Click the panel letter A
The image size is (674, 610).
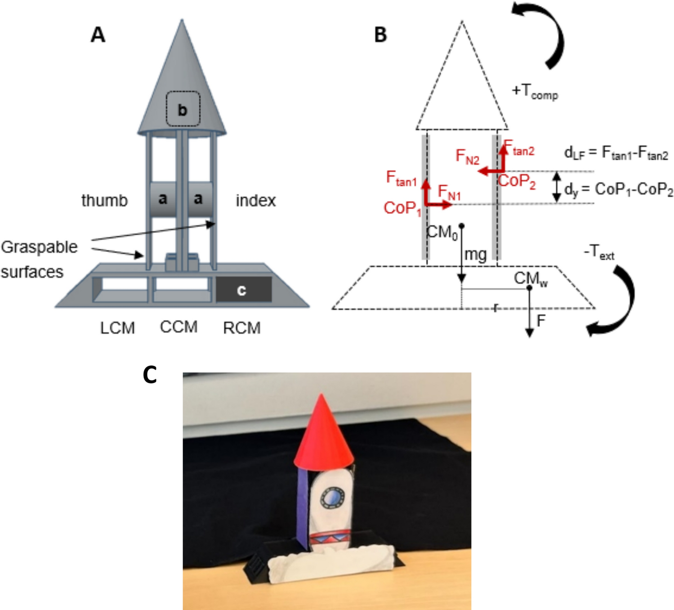(98, 35)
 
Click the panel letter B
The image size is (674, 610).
(380, 35)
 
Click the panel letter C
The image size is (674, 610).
(150, 374)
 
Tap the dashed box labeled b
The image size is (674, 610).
(183, 109)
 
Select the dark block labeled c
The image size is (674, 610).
(243, 290)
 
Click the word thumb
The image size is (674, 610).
(104, 200)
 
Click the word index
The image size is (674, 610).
(255, 200)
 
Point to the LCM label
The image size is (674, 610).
(117, 328)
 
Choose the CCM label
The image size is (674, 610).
(179, 327)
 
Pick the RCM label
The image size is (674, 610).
(241, 328)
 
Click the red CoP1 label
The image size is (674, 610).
(402, 208)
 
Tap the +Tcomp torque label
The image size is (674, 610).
(535, 92)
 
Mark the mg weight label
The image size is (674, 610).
(475, 255)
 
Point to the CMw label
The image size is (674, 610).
(531, 279)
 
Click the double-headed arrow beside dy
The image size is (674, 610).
(557, 187)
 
